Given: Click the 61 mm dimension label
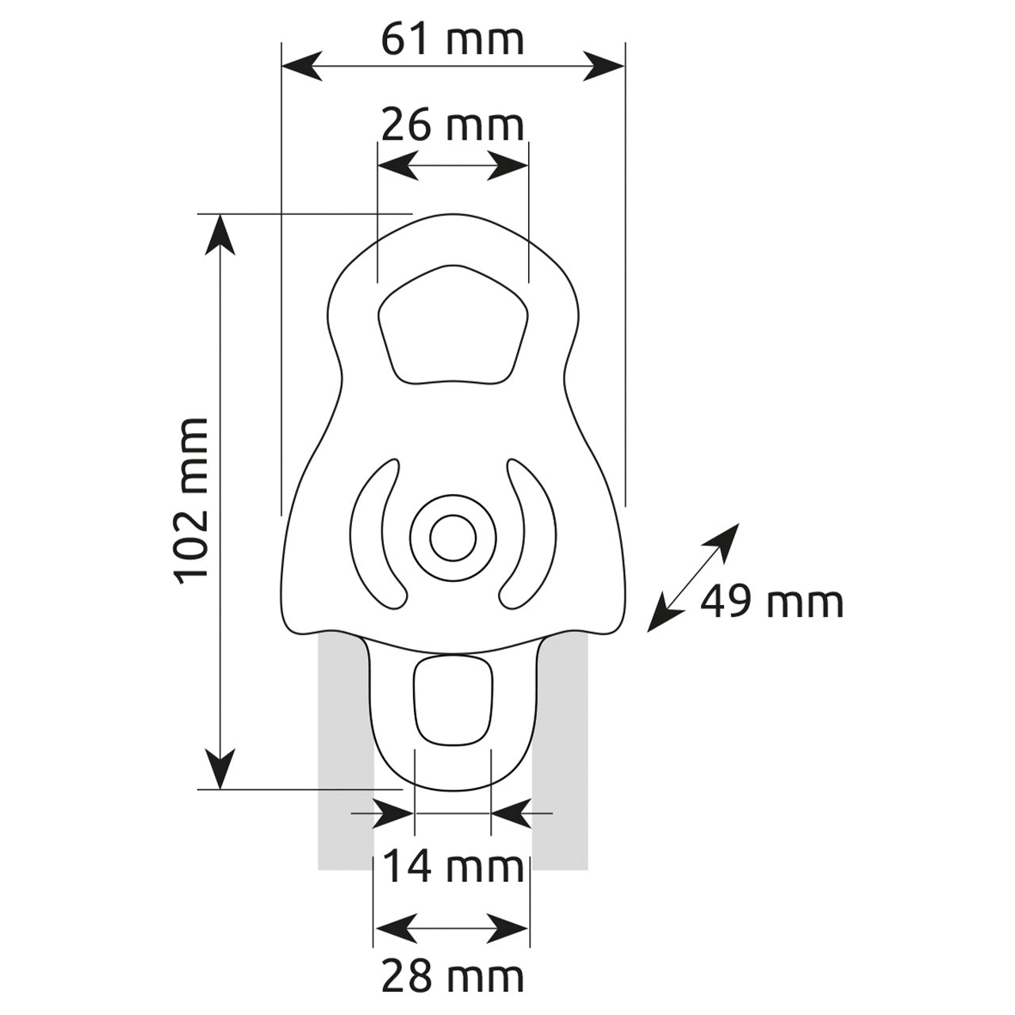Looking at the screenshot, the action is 453,40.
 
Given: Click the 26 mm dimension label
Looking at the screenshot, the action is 453,125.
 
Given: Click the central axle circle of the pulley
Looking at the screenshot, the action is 453,538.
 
